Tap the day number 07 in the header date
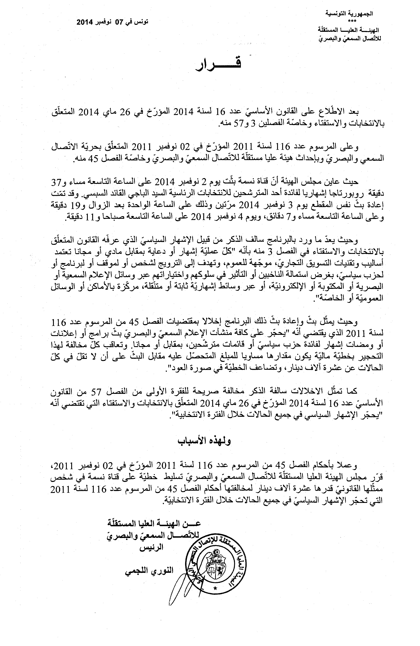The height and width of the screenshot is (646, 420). pyautogui.click(x=119, y=22)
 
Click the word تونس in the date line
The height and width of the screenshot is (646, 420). pyautogui.click(x=142, y=22)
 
